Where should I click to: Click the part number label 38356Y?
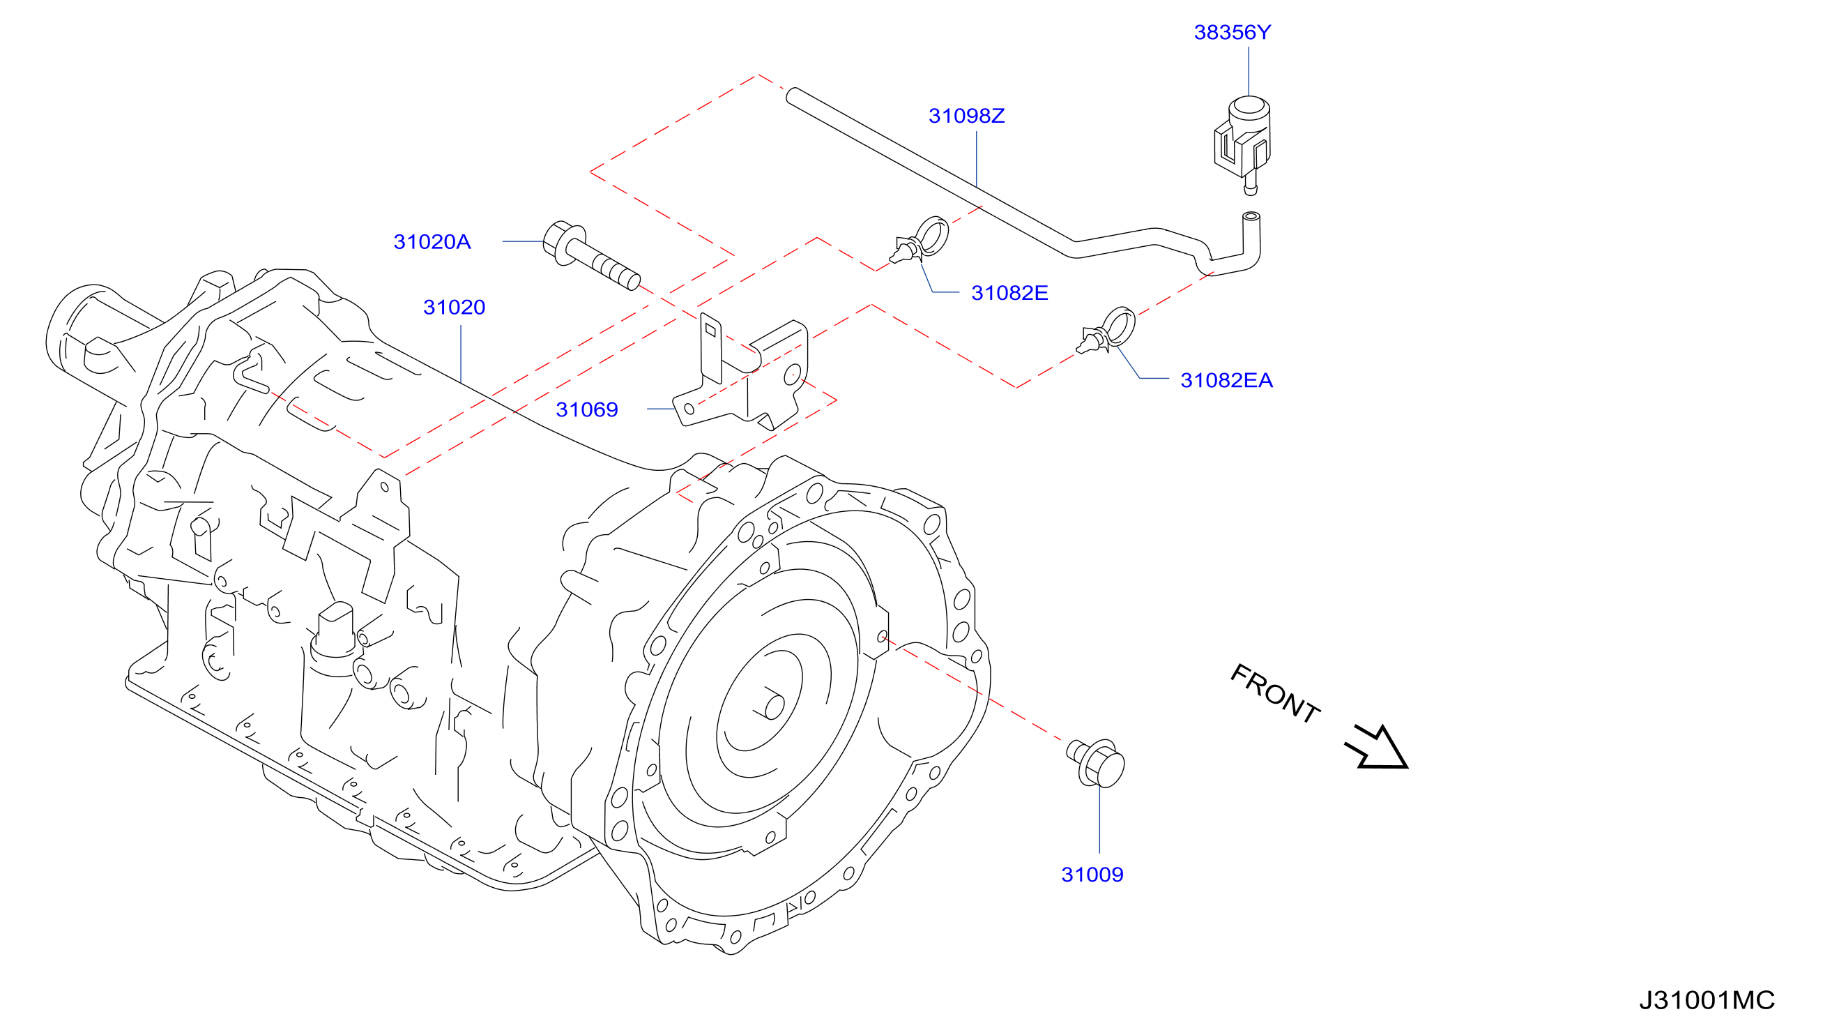1232,32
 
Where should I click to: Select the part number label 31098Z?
967,116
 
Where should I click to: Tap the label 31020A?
432,242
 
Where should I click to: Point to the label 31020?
455,308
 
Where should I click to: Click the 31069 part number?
587,410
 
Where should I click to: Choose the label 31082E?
1009,293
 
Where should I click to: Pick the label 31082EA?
1227,381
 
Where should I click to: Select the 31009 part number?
1092,875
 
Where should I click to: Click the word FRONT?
1275,694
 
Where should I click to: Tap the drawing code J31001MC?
1707,1001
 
